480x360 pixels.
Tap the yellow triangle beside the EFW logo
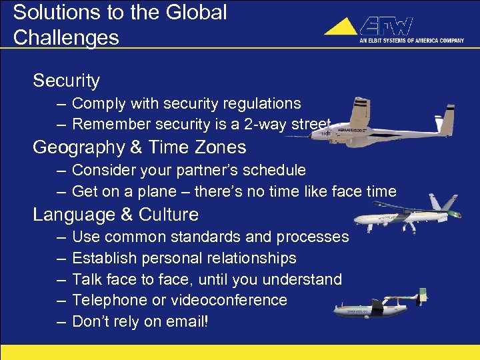click(x=341, y=27)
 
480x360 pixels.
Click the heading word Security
click(x=66, y=81)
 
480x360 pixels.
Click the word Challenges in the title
click(x=66, y=37)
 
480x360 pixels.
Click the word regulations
click(x=262, y=103)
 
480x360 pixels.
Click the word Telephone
click(x=104, y=300)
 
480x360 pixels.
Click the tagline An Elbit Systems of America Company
click(x=412, y=40)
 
